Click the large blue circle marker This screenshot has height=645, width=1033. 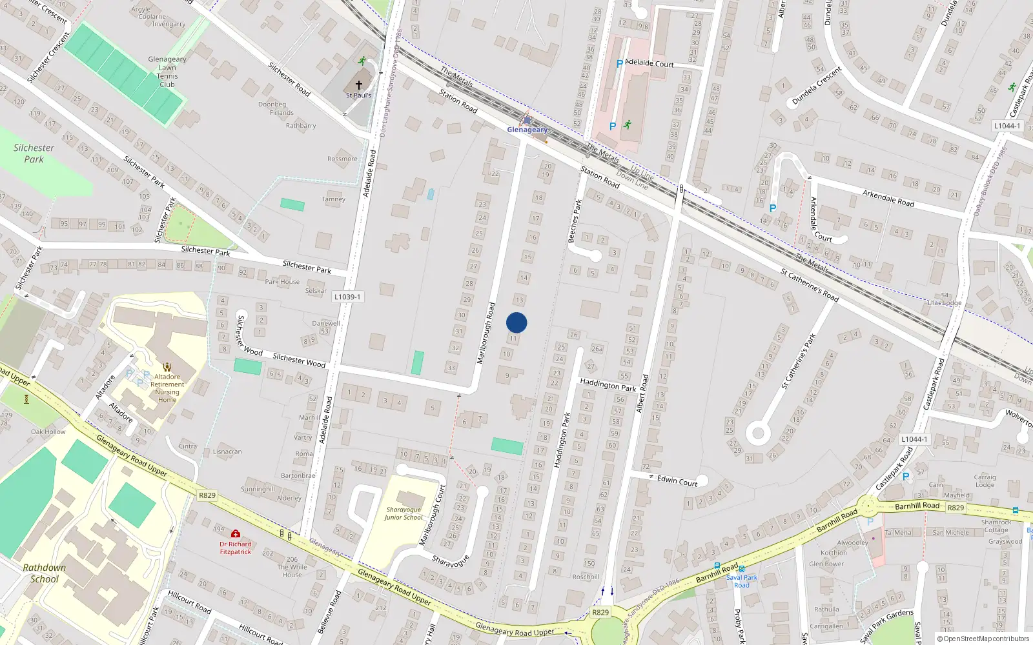(516, 322)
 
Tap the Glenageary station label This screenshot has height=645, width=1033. (527, 130)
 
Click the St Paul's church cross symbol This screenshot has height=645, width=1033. (359, 84)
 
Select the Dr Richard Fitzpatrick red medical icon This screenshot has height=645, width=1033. (236, 534)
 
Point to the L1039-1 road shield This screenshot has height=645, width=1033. (348, 297)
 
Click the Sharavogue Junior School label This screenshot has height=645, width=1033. (404, 513)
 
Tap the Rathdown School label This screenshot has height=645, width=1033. (44, 573)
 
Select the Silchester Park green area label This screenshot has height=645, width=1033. (34, 154)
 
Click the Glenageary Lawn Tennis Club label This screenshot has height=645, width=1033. (167, 72)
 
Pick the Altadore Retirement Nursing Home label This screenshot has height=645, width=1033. (167, 388)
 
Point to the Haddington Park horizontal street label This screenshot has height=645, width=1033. (608, 385)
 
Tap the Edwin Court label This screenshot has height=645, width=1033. (677, 481)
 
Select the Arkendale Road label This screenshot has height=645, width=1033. (888, 197)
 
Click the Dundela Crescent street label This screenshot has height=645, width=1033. (817, 86)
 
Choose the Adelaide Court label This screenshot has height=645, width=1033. (649, 63)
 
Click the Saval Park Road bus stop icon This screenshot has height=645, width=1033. (741, 569)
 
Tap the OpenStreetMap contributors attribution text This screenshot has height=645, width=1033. (983, 639)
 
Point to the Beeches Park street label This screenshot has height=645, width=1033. (574, 221)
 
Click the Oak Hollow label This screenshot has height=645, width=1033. (48, 432)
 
